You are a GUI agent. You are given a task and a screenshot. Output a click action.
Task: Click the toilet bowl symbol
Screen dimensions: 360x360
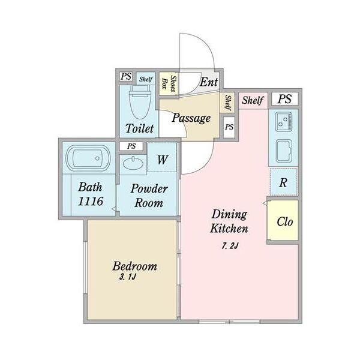coord(140,102)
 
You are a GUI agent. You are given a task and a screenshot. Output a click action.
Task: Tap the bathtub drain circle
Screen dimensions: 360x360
coord(97,158)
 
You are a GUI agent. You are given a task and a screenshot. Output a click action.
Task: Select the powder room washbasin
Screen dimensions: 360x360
coord(133,163)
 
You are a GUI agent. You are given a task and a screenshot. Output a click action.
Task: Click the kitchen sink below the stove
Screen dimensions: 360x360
coord(284,151)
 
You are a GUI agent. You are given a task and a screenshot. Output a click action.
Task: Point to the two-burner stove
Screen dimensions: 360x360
coord(284,121)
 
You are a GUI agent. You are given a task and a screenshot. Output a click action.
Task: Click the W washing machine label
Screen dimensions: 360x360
coord(163,160)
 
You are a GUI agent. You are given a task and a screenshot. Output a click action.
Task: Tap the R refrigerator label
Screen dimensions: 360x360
coord(283,183)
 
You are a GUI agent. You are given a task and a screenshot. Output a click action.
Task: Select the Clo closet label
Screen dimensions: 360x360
coord(284,222)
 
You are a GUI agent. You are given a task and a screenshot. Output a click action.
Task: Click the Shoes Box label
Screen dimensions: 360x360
coord(169,83)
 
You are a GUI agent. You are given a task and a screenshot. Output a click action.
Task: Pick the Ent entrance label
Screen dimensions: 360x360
coord(208,82)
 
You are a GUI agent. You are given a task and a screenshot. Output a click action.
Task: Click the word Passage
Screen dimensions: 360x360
coord(191,118)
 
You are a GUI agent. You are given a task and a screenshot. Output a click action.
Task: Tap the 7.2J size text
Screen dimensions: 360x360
coord(230,246)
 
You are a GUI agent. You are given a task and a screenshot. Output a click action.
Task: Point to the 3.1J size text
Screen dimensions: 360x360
coord(128,277)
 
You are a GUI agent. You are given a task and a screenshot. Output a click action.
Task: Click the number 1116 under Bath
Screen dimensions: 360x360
coord(91,202)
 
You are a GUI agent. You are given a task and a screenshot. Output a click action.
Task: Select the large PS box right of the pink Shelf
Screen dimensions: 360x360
coord(284,99)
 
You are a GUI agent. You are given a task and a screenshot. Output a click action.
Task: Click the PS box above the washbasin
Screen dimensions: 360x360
coord(131,146)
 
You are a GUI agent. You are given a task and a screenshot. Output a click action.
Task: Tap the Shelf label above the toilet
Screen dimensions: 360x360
coord(146,79)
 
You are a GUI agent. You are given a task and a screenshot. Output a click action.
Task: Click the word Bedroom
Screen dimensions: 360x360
coord(135,266)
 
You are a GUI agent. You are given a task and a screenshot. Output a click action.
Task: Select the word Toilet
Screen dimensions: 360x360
coord(139,128)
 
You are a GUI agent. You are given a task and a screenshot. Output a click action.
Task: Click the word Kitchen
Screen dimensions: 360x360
coord(229,229)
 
